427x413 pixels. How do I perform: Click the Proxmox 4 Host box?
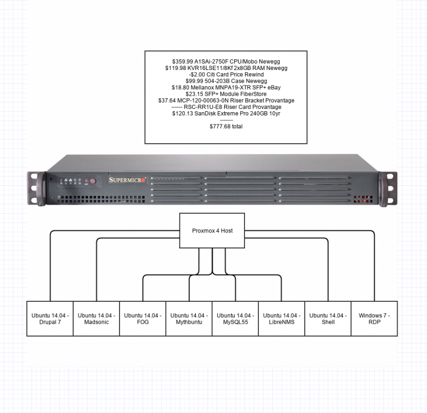pos(212,231)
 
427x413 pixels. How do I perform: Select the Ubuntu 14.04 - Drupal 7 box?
pos(50,318)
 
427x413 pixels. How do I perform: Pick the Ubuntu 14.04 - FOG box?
pos(143,318)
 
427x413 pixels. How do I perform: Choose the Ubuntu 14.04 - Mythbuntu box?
pos(189,318)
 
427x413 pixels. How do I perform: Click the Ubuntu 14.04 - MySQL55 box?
pos(235,318)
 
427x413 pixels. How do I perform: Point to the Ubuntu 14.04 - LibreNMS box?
pos(282,318)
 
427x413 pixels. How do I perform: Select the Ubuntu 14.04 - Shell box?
pos(328,318)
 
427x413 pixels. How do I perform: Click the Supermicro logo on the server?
pos(127,180)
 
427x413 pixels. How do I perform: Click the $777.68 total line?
pos(226,127)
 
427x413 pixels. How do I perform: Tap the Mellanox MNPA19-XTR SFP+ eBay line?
pos(226,88)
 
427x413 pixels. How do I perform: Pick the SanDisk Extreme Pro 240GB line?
pos(226,113)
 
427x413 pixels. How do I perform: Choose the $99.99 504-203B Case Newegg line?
pos(226,81)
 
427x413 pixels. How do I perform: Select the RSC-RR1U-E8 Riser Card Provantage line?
pos(226,107)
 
